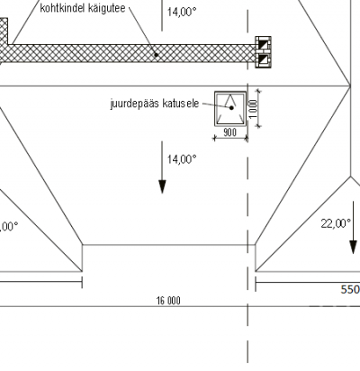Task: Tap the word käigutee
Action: [x=107, y=8]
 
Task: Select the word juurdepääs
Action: [x=135, y=104]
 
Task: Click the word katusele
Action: [x=181, y=104]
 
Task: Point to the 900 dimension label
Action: [x=229, y=132]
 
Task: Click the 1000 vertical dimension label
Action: [x=253, y=109]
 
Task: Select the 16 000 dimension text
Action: [x=168, y=301]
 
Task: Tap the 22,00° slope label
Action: [x=336, y=223]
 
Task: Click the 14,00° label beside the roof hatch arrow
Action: [x=182, y=159]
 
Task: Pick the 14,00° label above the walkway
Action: [x=182, y=12]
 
